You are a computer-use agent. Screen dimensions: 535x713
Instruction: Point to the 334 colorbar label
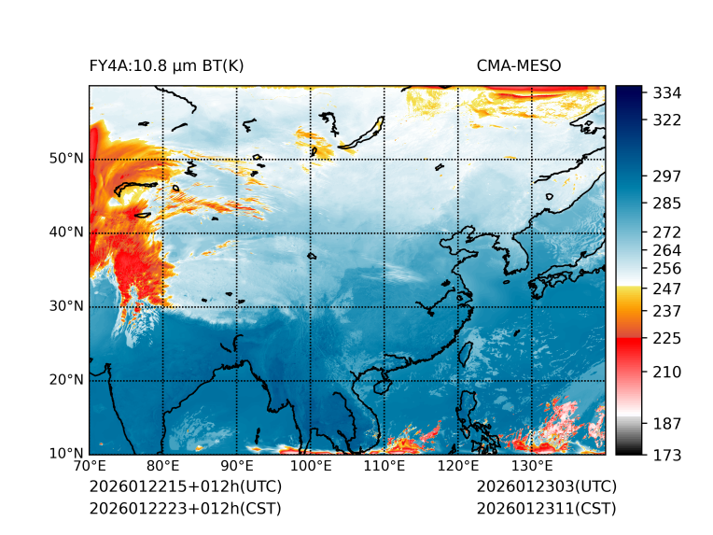[x=666, y=92]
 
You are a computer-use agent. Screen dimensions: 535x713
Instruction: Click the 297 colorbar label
[x=666, y=176]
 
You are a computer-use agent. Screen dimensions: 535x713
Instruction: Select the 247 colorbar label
[x=666, y=287]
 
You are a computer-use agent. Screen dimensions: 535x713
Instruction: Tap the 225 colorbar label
[x=666, y=337]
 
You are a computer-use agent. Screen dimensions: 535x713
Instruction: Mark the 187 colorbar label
[x=666, y=423]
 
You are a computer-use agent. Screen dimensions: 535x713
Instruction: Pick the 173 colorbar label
[x=666, y=455]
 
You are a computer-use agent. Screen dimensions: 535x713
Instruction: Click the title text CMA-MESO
[x=519, y=65]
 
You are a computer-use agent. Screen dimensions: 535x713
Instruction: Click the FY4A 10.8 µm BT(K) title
[x=166, y=65]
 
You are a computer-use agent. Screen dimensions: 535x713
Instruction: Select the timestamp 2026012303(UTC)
[x=546, y=486]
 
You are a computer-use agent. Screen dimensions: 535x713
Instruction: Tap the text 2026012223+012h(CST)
[x=185, y=508]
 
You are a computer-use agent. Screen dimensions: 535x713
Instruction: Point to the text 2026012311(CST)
[x=546, y=508]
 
